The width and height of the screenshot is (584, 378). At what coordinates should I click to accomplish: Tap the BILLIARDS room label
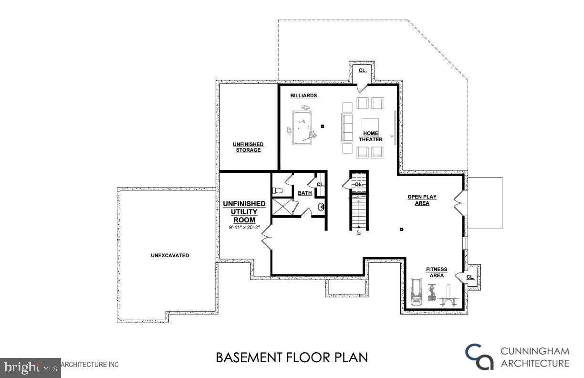(x=303, y=96)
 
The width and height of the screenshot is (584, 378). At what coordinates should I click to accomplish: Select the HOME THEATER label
(x=371, y=136)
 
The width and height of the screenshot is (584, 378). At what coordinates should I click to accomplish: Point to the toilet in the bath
(x=278, y=191)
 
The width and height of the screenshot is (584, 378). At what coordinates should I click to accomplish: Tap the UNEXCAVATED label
(x=170, y=255)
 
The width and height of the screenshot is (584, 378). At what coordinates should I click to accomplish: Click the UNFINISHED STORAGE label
(x=248, y=147)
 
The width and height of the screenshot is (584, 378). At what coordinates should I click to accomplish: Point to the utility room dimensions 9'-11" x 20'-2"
(x=244, y=228)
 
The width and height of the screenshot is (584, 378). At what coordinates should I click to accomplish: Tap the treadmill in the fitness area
(x=417, y=292)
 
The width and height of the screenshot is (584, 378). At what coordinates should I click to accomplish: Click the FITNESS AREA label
(x=436, y=273)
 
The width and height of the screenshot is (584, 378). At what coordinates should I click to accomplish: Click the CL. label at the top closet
(x=363, y=70)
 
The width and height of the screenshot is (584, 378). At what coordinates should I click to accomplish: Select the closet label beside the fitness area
(x=470, y=277)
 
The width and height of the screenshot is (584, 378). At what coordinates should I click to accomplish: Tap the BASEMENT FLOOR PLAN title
(x=292, y=357)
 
